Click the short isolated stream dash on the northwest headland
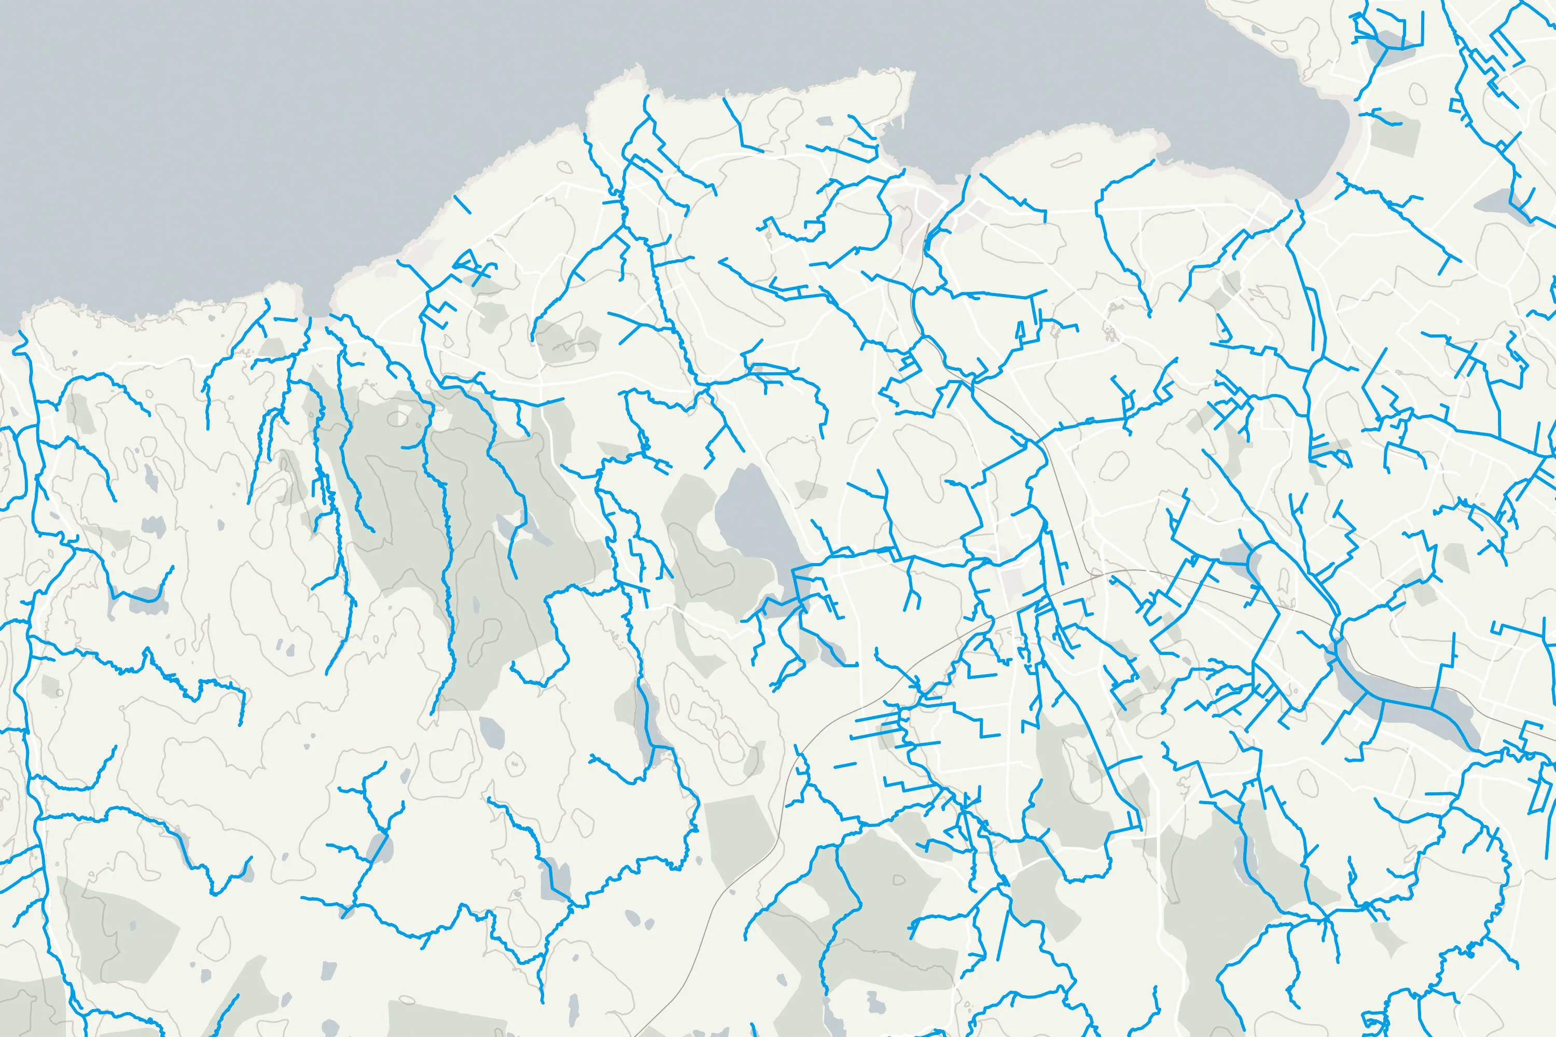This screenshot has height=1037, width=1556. pos(463,204)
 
